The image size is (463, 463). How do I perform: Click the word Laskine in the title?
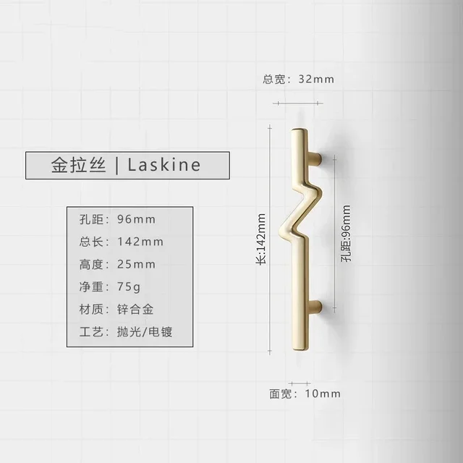pos(164,165)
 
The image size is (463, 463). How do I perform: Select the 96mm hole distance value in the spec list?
pos(136,219)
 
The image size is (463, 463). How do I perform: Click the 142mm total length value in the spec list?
pos(140,242)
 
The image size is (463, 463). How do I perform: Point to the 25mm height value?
pos(136,264)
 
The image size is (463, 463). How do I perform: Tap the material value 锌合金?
pos(135,310)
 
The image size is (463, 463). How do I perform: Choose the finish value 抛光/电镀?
pos(145,332)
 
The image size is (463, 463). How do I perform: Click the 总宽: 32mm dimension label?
pos(299,79)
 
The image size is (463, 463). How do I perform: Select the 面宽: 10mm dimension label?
pos(305,394)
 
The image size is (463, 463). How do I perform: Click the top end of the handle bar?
pos(297,133)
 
